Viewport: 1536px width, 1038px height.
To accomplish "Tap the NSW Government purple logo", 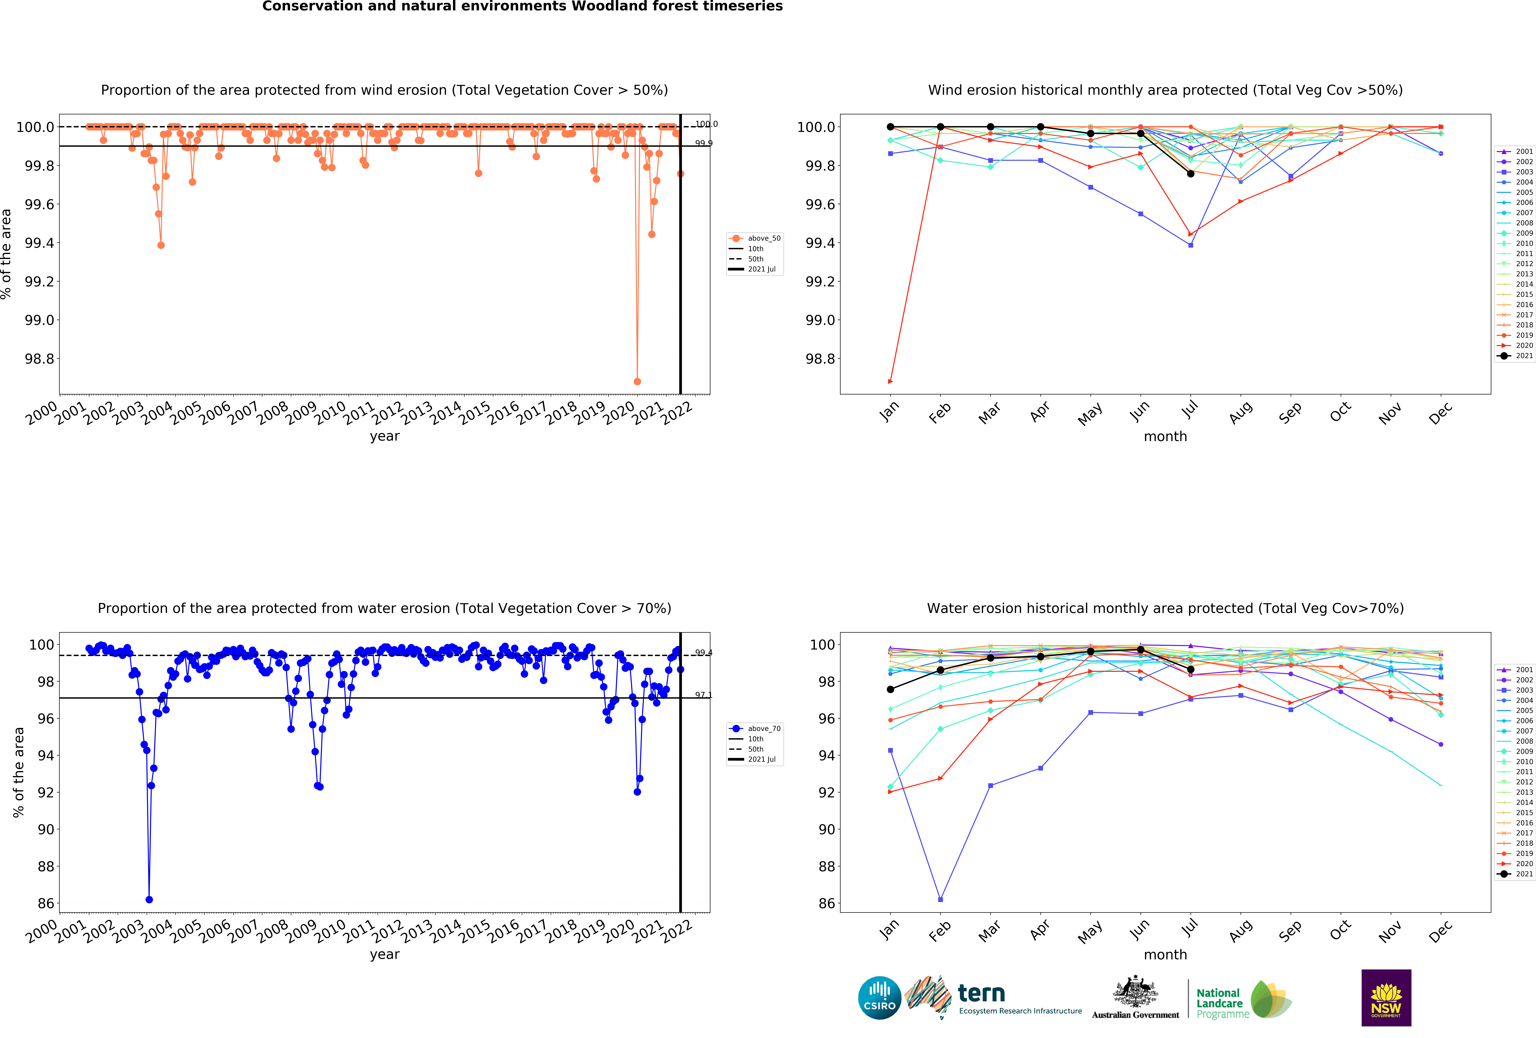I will [x=1386, y=998].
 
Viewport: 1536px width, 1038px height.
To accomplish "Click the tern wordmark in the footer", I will [x=981, y=993].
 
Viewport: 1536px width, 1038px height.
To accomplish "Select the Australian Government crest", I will [x=1135, y=991].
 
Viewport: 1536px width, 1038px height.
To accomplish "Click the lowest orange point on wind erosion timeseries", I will [x=637, y=381].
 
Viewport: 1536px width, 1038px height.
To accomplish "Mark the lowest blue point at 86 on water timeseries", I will [x=149, y=899].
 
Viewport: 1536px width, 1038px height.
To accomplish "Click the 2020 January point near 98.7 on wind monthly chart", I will [x=890, y=381].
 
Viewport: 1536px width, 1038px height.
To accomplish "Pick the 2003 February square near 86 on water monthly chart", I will [x=940, y=899].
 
